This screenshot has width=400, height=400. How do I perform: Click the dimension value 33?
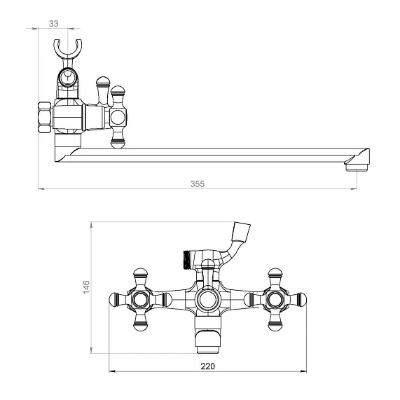coord(53,24)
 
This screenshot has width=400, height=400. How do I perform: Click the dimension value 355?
coord(197,184)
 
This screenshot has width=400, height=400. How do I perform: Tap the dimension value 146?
coord(86,287)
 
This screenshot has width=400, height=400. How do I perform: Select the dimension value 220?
coord(207,366)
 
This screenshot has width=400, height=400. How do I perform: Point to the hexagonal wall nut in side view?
coord(44,118)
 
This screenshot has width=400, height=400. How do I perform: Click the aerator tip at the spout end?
coord(357,167)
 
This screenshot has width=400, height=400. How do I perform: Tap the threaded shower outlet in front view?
coord(187,259)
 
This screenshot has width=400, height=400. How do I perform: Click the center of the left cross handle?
coord(140,299)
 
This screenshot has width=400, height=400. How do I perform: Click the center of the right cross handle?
coord(275,299)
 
